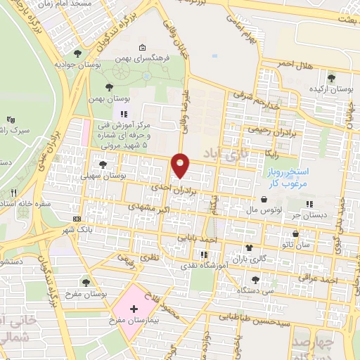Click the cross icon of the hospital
pyautogui.click(x=134, y=309)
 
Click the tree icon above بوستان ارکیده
pyautogui.click(x=330, y=77)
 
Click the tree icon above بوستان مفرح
pyautogui.click(x=86, y=283)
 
